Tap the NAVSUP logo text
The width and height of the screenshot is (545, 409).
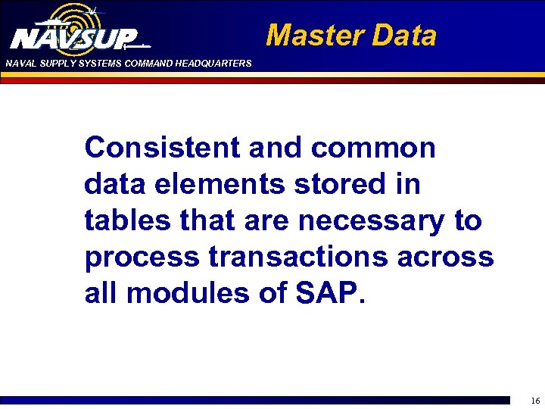coord(74,39)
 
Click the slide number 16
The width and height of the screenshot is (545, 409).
coord(534,401)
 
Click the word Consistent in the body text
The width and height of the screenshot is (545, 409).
coord(161,147)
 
